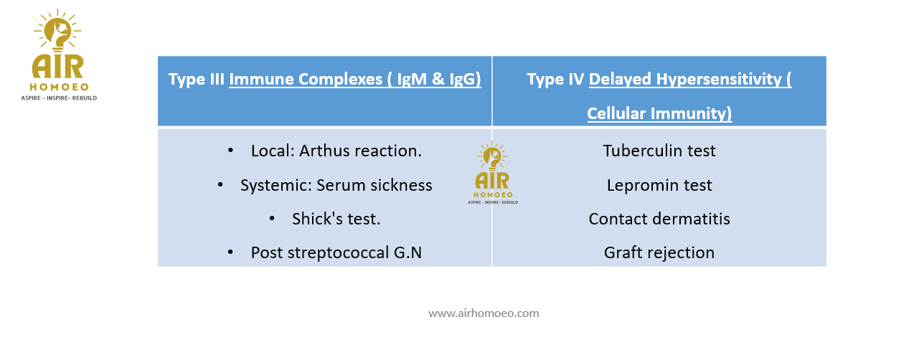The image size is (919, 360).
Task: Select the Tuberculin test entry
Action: [659, 151]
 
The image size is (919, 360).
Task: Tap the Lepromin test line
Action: [659, 185]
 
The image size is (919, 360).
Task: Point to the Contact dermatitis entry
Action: [659, 219]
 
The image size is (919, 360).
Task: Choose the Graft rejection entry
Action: [659, 253]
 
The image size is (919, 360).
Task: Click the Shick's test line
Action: [336, 219]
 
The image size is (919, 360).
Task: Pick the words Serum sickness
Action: [374, 185]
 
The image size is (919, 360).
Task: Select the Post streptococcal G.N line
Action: [336, 252]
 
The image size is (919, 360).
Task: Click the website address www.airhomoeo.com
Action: [484, 313]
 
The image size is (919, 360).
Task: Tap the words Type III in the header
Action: [196, 79]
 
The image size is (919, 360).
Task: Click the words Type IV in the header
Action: [555, 79]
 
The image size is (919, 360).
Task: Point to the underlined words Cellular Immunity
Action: [659, 113]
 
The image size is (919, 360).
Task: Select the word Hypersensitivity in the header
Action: [719, 80]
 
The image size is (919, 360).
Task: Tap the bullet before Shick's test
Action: [272, 219]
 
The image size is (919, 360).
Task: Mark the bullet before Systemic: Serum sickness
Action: [220, 185]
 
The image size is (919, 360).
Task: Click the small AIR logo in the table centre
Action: [493, 173]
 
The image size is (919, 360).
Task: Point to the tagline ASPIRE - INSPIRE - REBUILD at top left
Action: [59, 98]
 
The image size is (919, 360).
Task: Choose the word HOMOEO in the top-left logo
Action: [59, 87]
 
